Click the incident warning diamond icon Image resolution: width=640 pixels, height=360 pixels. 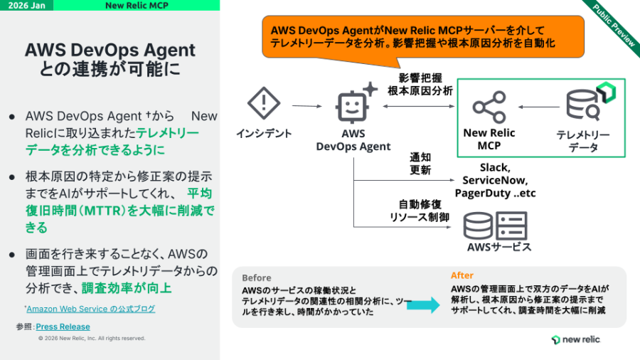[x=264, y=104]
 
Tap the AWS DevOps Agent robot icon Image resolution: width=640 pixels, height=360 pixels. [x=354, y=105]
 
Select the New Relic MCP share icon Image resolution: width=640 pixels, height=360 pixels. [x=489, y=107]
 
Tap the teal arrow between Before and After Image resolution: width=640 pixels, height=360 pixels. [x=425, y=305]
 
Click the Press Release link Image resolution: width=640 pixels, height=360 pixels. [x=63, y=327]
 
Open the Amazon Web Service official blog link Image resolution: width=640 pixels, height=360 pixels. [x=91, y=309]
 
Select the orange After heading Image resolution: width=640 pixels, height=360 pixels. [x=462, y=275]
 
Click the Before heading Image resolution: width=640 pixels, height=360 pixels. [x=256, y=277]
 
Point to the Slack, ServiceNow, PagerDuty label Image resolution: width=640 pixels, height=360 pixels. [x=498, y=181]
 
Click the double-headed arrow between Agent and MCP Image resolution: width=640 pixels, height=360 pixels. [x=419, y=107]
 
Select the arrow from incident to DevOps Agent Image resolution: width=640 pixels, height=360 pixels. [x=306, y=107]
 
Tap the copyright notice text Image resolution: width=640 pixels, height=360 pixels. [x=92, y=339]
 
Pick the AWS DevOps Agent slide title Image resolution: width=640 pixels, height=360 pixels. [x=110, y=60]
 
